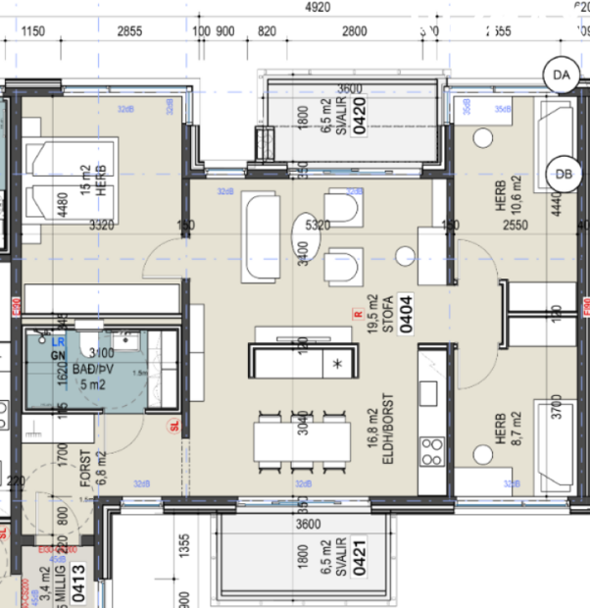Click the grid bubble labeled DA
pos(561,75)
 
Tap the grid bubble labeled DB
pos(563,171)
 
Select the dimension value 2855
pos(130,31)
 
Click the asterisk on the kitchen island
pos(337,364)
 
